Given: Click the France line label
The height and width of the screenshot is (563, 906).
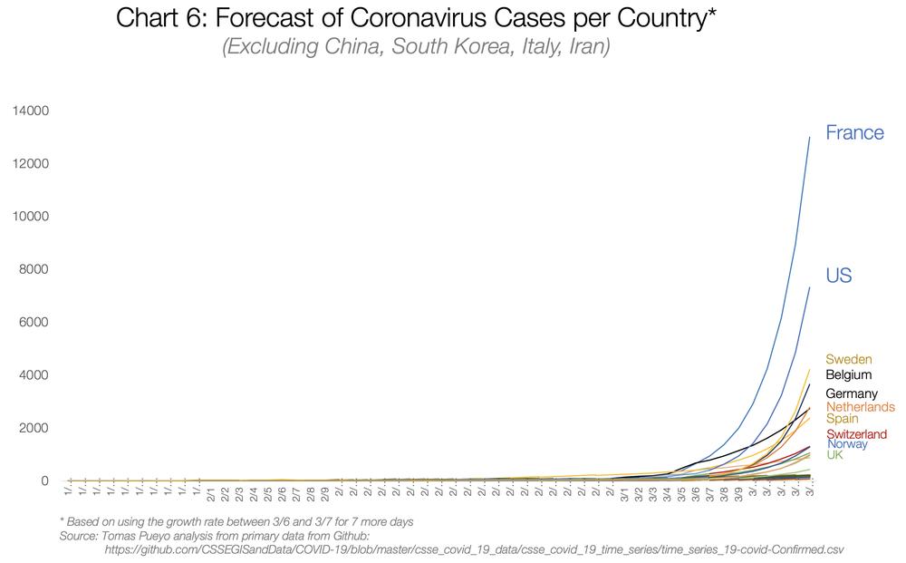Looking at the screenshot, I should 853,132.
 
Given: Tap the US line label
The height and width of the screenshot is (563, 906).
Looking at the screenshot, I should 838,276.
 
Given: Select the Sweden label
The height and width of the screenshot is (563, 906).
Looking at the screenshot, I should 848,360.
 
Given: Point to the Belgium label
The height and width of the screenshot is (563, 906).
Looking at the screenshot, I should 848,374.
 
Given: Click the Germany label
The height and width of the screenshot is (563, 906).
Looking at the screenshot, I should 851,393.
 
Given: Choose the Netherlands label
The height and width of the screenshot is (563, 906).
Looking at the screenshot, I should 860,407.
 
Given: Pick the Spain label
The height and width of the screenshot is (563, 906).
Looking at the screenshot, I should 843,419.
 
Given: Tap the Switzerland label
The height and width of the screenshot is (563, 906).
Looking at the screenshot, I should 856,434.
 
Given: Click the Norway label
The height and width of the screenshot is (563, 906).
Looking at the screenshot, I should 847,444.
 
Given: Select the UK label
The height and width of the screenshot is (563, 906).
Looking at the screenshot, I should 834,454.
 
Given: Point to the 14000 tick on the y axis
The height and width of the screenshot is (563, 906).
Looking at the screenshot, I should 31,111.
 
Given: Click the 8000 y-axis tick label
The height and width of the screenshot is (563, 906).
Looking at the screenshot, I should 34,269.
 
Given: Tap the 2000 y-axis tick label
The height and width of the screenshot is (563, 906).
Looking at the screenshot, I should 34,428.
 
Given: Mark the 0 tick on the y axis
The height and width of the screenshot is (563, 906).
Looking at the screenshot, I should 43,480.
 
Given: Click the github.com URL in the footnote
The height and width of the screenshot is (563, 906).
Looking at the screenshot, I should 474,549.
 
